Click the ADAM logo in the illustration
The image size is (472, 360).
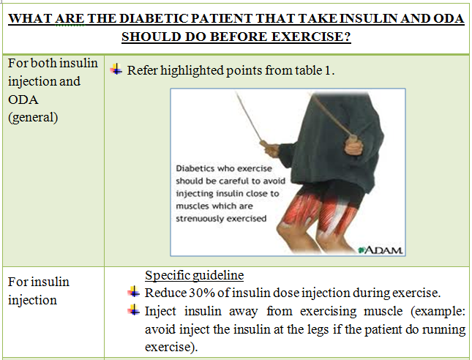click(382, 251)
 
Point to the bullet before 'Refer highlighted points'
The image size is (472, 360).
click(116, 70)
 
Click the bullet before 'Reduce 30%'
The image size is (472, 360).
click(133, 293)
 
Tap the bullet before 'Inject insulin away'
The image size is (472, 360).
click(133, 311)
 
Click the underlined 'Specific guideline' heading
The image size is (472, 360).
click(194, 276)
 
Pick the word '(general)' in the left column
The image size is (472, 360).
click(33, 116)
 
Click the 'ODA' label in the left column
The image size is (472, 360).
click(23, 99)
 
